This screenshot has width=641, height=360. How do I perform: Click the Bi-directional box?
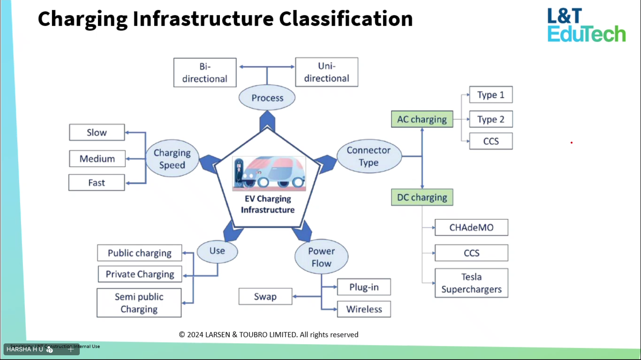(x=205, y=73)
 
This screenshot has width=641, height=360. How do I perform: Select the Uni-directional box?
(x=326, y=72)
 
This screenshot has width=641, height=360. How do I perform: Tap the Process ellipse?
(x=267, y=98)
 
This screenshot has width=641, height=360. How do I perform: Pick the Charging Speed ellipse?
(x=172, y=159)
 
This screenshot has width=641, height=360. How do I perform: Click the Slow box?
(x=97, y=133)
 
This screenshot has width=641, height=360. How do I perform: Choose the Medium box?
(x=97, y=159)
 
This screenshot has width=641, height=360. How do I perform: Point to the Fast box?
(x=97, y=183)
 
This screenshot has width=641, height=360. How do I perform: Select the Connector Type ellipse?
(x=369, y=156)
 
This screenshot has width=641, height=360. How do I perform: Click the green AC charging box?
(x=422, y=119)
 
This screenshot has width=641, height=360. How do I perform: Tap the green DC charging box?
(x=422, y=197)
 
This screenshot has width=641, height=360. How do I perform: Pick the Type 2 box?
(x=491, y=119)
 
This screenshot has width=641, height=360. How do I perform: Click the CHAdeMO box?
(x=471, y=227)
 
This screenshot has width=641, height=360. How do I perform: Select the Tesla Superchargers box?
(x=471, y=283)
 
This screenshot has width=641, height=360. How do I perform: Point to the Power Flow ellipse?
(x=321, y=257)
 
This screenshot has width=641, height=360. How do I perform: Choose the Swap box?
(x=265, y=296)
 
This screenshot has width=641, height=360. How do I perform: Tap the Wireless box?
(x=364, y=309)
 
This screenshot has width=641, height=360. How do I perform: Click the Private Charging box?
(x=140, y=274)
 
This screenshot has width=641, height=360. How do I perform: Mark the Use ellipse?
(x=217, y=251)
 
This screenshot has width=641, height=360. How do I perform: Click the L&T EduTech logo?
(x=586, y=25)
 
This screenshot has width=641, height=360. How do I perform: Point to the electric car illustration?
(x=269, y=173)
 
